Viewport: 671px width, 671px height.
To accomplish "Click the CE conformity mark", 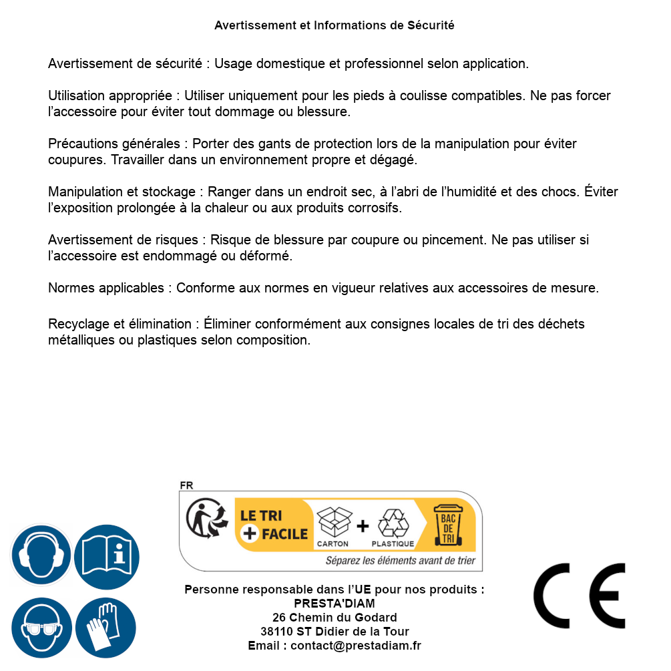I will [579, 596].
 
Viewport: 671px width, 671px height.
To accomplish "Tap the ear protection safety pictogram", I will [41, 555].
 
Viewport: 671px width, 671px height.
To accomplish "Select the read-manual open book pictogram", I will [107, 555].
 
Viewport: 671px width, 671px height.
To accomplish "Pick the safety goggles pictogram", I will [41, 628].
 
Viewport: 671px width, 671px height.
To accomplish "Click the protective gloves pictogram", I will [105, 628].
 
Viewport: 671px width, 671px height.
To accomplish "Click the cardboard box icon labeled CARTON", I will [333, 523].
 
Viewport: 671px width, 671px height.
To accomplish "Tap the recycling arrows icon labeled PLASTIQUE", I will [393, 523].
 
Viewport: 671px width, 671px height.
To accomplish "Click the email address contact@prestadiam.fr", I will [356, 646].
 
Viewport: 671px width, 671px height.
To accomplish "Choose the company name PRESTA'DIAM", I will [334, 604].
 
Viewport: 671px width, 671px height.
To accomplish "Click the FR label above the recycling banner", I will [186, 485].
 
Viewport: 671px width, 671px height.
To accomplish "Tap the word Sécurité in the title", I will [431, 25].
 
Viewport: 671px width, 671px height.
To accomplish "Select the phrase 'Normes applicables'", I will [105, 288].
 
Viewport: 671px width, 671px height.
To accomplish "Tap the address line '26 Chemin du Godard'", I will [334, 618].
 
